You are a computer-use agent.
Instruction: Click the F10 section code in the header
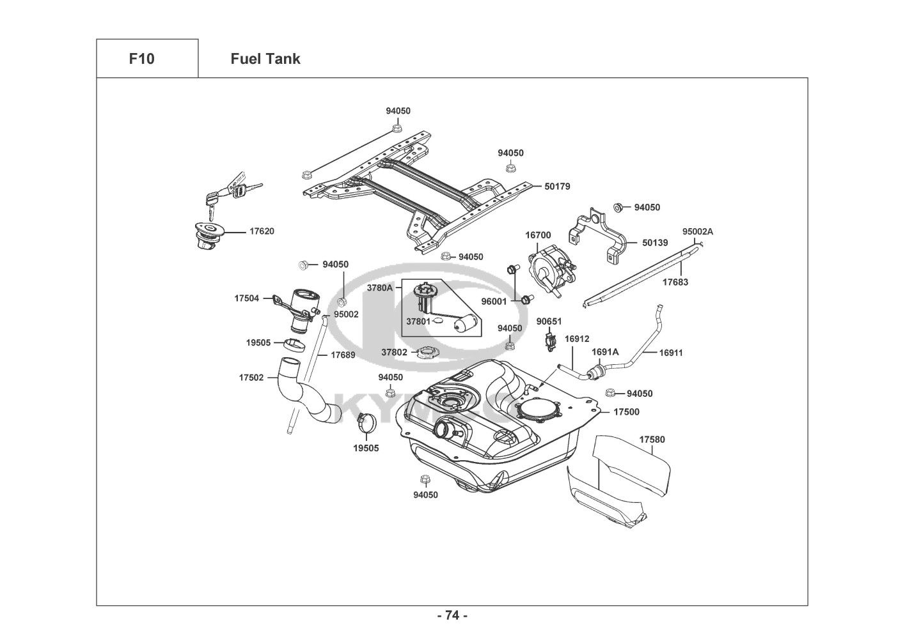[x=141, y=59]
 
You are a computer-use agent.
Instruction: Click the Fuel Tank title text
[x=265, y=59]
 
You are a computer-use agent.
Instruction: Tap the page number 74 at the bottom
[x=452, y=615]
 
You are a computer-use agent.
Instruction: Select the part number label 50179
[x=557, y=187]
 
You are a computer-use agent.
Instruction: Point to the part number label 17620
[x=261, y=231]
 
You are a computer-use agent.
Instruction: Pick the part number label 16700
[x=538, y=235]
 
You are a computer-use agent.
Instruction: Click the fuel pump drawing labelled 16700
[x=549, y=271]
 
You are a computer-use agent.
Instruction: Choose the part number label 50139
[x=655, y=243]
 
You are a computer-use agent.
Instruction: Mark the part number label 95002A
[x=697, y=232]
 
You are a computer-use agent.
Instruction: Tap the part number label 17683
[x=675, y=282]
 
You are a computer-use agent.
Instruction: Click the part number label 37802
[x=394, y=352]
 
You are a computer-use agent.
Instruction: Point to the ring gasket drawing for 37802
[x=425, y=351]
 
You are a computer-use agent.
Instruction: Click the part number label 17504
[x=246, y=298]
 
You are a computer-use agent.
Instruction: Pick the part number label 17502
[x=251, y=378]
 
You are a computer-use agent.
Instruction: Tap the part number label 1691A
[x=605, y=352]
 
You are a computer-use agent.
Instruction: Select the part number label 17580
[x=652, y=440]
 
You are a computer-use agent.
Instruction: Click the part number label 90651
[x=549, y=321]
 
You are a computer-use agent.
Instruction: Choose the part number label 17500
[x=626, y=412]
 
